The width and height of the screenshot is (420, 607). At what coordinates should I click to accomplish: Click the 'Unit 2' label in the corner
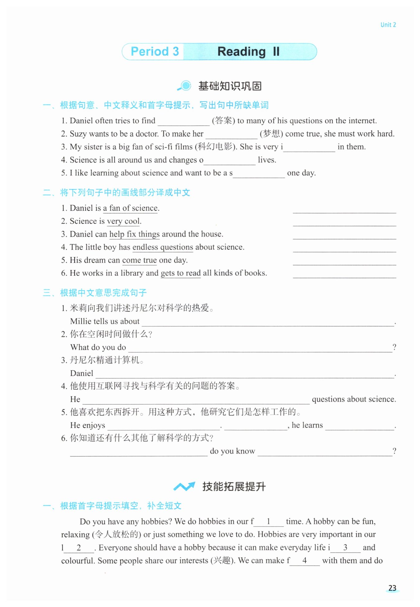388,25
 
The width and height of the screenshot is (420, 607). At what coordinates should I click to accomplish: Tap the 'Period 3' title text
155,51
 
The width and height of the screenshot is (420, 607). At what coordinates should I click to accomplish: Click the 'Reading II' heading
248,52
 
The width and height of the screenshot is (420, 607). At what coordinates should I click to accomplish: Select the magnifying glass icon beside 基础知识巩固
184,86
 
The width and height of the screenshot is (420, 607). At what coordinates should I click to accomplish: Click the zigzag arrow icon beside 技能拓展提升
184,486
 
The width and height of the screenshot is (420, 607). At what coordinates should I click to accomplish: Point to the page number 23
392,588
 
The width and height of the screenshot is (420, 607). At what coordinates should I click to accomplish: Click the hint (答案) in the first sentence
223,121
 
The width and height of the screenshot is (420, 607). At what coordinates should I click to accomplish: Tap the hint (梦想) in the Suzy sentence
271,134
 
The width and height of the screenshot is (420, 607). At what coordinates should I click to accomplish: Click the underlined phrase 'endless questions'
163,247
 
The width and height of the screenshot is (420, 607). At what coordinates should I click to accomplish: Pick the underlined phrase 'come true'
139,260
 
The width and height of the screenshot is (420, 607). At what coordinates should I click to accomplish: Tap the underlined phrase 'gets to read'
180,273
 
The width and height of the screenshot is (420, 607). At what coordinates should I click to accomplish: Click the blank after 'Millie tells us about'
268,322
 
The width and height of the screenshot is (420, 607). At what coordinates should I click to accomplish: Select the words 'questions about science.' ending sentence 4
354,399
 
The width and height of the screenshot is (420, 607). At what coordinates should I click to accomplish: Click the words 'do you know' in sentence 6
232,451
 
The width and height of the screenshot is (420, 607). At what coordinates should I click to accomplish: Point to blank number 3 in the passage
345,548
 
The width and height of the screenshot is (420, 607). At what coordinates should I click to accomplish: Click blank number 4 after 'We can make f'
305,561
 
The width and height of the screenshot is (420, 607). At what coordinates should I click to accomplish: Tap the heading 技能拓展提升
234,486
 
